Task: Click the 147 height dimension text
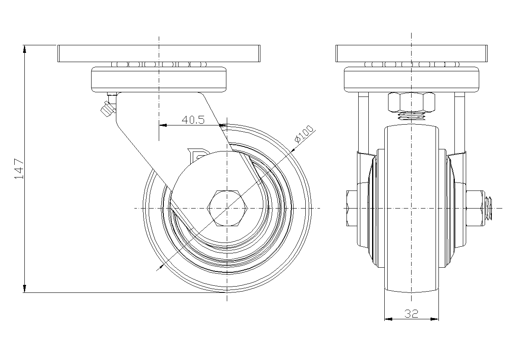pyautogui.click(x=19, y=169)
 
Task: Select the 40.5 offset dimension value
pyautogui.click(x=193, y=120)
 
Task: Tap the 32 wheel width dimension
pyautogui.click(x=411, y=313)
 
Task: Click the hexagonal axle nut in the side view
pyautogui.click(x=227, y=208)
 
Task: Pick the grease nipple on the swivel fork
pyautogui.click(x=107, y=109)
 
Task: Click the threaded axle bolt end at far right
pyautogui.click(x=489, y=208)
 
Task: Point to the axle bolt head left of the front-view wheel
pyautogui.click(x=351, y=208)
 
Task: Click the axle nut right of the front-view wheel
pyautogui.click(x=475, y=208)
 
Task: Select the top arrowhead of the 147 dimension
pyautogui.click(x=25, y=49)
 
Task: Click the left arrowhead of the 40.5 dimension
pyautogui.click(x=163, y=125)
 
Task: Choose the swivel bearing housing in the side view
pyautogui.click(x=158, y=79)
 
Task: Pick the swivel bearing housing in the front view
pyautogui.click(x=411, y=79)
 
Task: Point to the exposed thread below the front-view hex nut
pyautogui.click(x=411, y=116)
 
